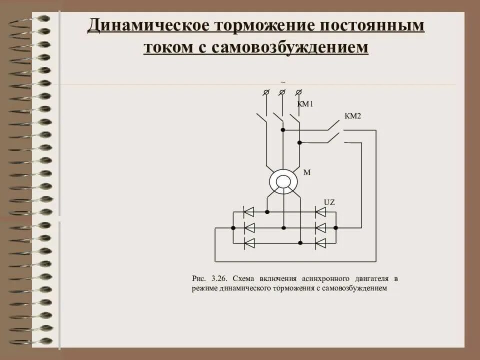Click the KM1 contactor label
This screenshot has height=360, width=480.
[304, 104]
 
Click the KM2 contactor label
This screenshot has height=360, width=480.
[352, 116]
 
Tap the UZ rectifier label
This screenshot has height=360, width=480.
[328, 202]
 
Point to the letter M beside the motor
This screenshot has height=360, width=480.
[307, 172]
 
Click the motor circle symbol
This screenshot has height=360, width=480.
[283, 181]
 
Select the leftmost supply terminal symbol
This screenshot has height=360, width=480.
[266, 92]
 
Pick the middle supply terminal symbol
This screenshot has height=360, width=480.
[282, 92]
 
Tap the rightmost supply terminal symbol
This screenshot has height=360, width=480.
[298, 92]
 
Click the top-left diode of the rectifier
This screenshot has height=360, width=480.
[248, 212]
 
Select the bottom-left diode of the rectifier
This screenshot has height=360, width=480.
[248, 243]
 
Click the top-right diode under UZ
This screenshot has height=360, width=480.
[320, 212]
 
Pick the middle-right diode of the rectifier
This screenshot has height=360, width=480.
[320, 227]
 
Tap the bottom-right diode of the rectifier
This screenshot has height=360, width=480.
[320, 243]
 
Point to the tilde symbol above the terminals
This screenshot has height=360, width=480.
[283, 82]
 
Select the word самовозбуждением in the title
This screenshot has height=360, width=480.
[289, 47]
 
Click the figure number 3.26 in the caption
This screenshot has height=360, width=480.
[217, 278]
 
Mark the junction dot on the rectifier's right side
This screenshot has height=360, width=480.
[335, 227]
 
